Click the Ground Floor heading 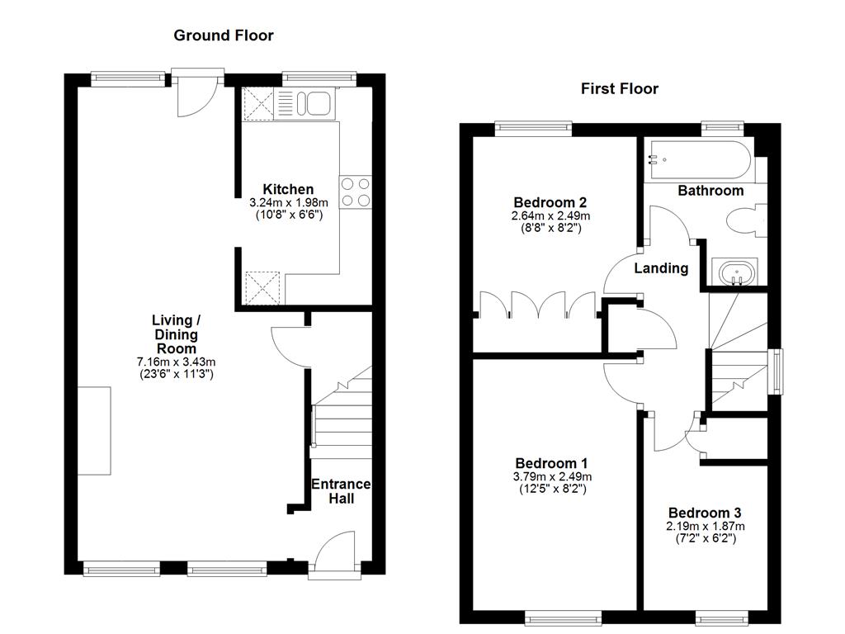tap(223, 35)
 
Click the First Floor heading tap(620, 89)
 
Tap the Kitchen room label tap(288, 189)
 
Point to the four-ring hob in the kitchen tap(356, 192)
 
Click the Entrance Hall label tap(340, 491)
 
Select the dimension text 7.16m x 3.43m tap(176, 362)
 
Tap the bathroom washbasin tap(734, 273)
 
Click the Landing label tap(661, 268)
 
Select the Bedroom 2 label tap(550, 202)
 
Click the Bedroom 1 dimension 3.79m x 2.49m tap(551, 476)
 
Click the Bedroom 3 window tap(722, 616)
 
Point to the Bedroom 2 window tap(534, 126)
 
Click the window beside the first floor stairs tap(776, 371)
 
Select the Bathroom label tap(710, 191)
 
